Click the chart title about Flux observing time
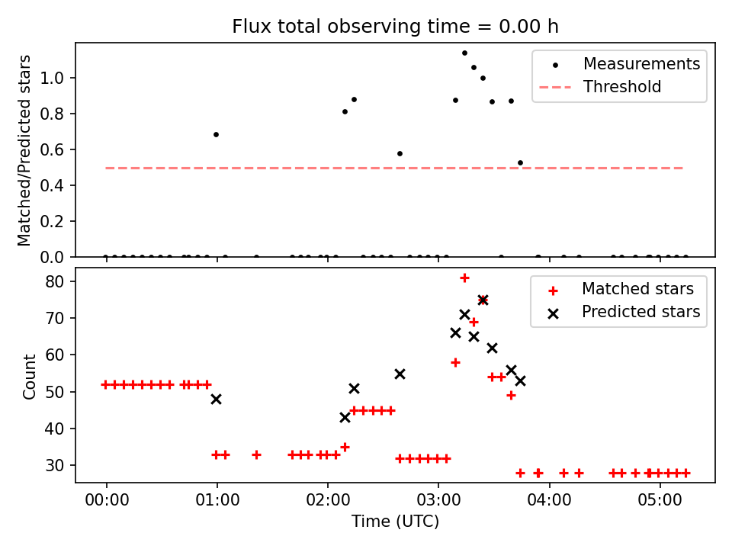(395, 27)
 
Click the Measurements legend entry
(641, 64)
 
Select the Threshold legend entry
(622, 87)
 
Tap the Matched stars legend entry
(637, 289)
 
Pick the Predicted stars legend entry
(641, 312)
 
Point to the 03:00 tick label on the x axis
(438, 501)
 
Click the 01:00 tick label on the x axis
(217, 501)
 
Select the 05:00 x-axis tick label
(660, 501)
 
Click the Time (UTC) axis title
(395, 522)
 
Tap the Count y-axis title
(30, 376)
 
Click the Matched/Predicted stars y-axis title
(25, 150)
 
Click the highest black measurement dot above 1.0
(464, 53)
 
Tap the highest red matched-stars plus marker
(464, 278)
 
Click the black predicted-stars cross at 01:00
(217, 399)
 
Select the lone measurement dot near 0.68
(216, 134)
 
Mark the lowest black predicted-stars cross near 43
(345, 417)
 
